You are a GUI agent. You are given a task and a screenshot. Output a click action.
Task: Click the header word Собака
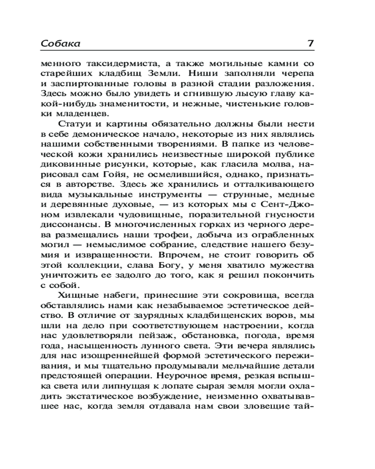[x=60, y=44]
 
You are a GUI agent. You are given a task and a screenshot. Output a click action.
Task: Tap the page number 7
[x=310, y=44]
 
